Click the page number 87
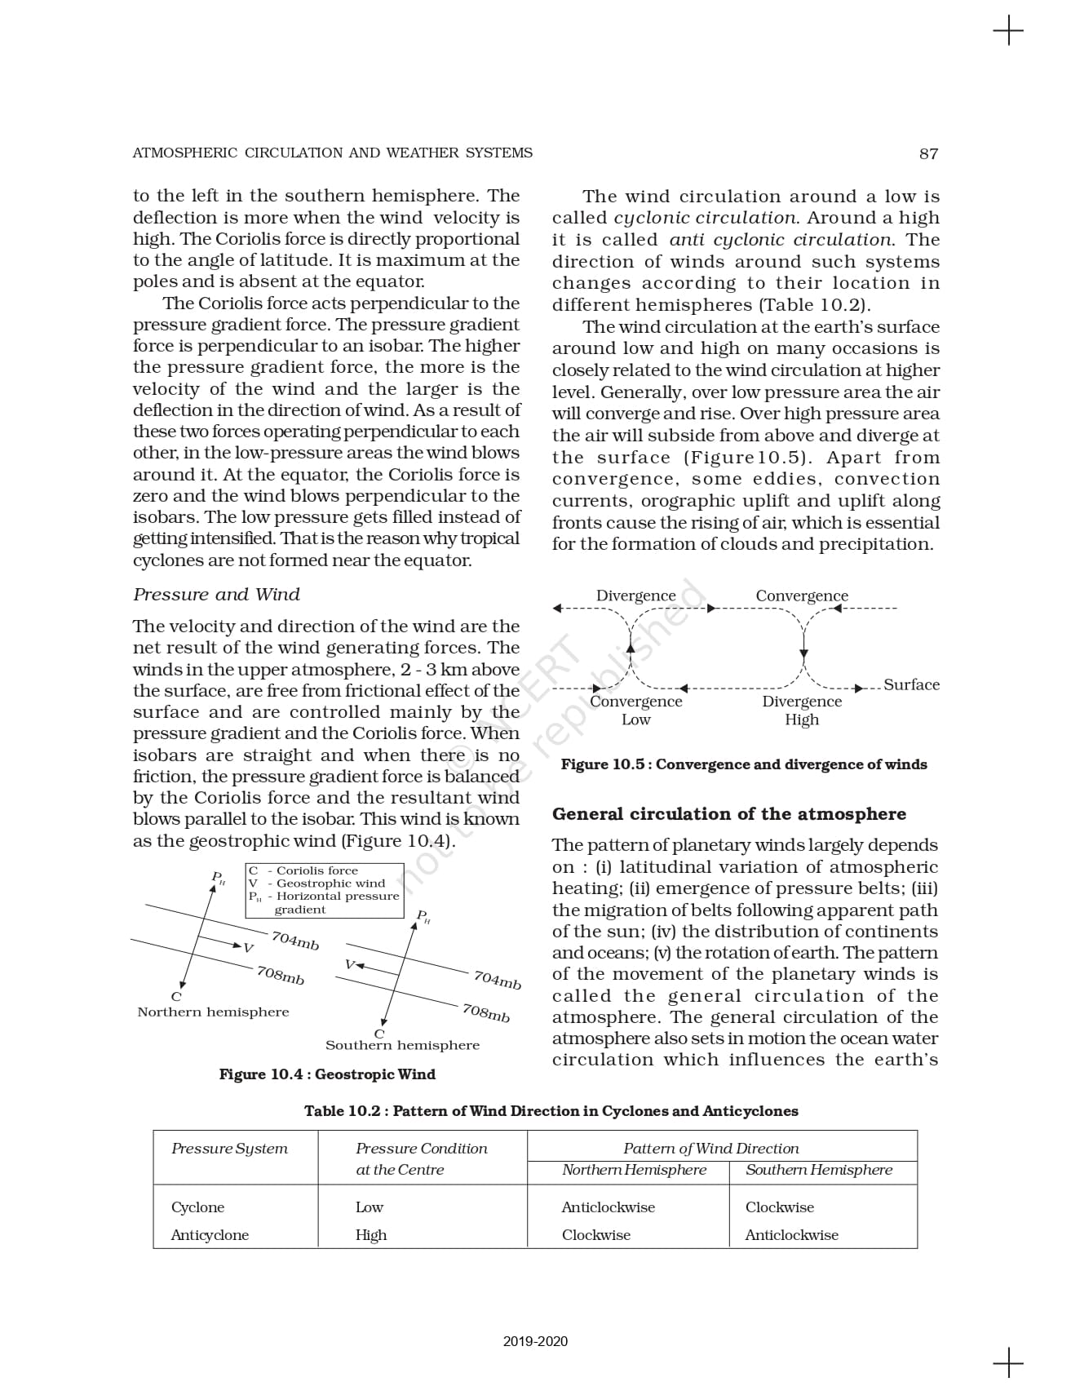(928, 153)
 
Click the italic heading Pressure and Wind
(216, 594)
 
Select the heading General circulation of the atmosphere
(729, 813)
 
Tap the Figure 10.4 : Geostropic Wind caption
(327, 1074)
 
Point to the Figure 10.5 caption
(744, 764)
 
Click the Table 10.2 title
(551, 1110)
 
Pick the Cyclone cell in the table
(197, 1207)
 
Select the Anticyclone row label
(210, 1234)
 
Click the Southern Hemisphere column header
(819, 1169)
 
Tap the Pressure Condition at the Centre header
(421, 1158)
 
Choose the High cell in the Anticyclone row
(371, 1234)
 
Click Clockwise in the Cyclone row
(779, 1207)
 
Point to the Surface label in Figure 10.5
(911, 684)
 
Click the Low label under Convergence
(636, 720)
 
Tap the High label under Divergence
(802, 720)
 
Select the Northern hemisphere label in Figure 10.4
(213, 1012)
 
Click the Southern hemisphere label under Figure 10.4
(402, 1045)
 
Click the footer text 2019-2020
(535, 1341)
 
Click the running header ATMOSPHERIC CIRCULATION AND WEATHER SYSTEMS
(332, 153)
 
